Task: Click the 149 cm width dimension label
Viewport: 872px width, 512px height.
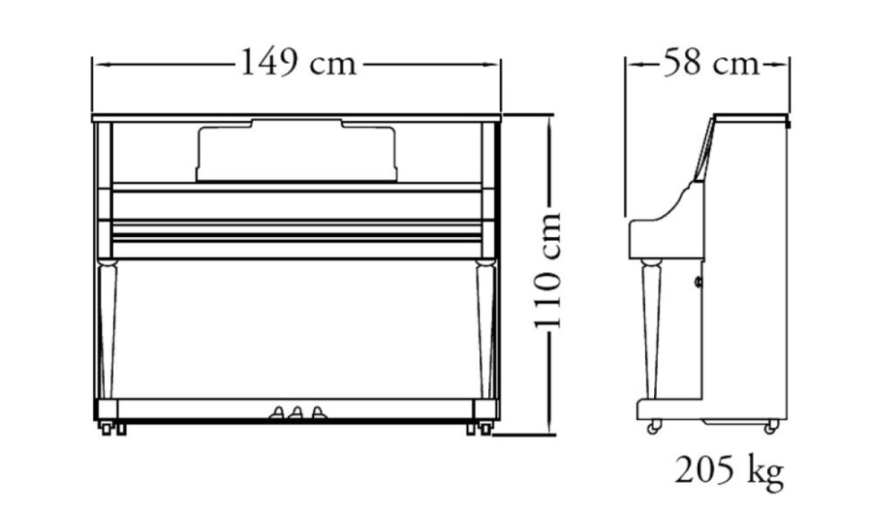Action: (x=297, y=64)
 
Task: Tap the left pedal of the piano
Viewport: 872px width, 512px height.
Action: (x=278, y=414)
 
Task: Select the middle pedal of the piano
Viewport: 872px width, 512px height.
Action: (x=296, y=414)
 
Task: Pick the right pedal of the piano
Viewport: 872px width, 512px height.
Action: (x=315, y=414)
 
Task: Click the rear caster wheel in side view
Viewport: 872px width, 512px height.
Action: (x=771, y=426)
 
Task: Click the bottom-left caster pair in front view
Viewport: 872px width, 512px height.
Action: (x=109, y=427)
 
